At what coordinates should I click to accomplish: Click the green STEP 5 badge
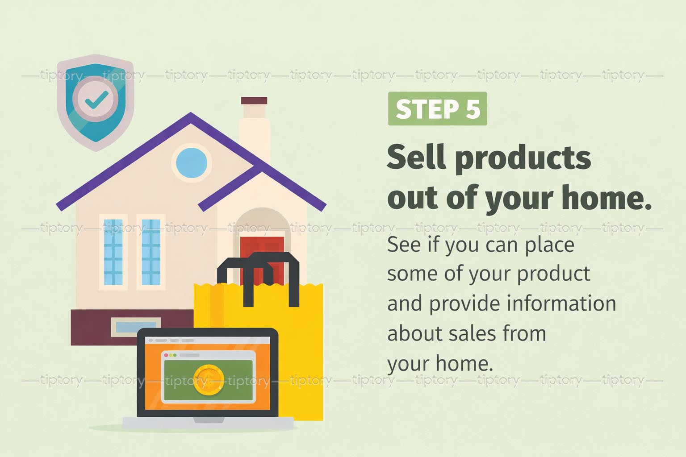coord(437,108)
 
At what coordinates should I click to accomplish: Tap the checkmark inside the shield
coord(96,100)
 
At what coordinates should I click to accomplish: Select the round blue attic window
coord(192,163)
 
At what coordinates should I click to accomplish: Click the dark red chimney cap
coord(254,101)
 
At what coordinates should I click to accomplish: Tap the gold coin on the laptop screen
coord(209,380)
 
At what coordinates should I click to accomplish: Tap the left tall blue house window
coord(113,252)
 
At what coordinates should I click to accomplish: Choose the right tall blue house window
coord(151,252)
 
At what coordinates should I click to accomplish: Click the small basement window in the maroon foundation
coord(136,327)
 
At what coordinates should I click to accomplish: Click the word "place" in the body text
coord(549,245)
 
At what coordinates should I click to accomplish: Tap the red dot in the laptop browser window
coord(166,355)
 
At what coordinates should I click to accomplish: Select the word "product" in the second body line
coord(553,274)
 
